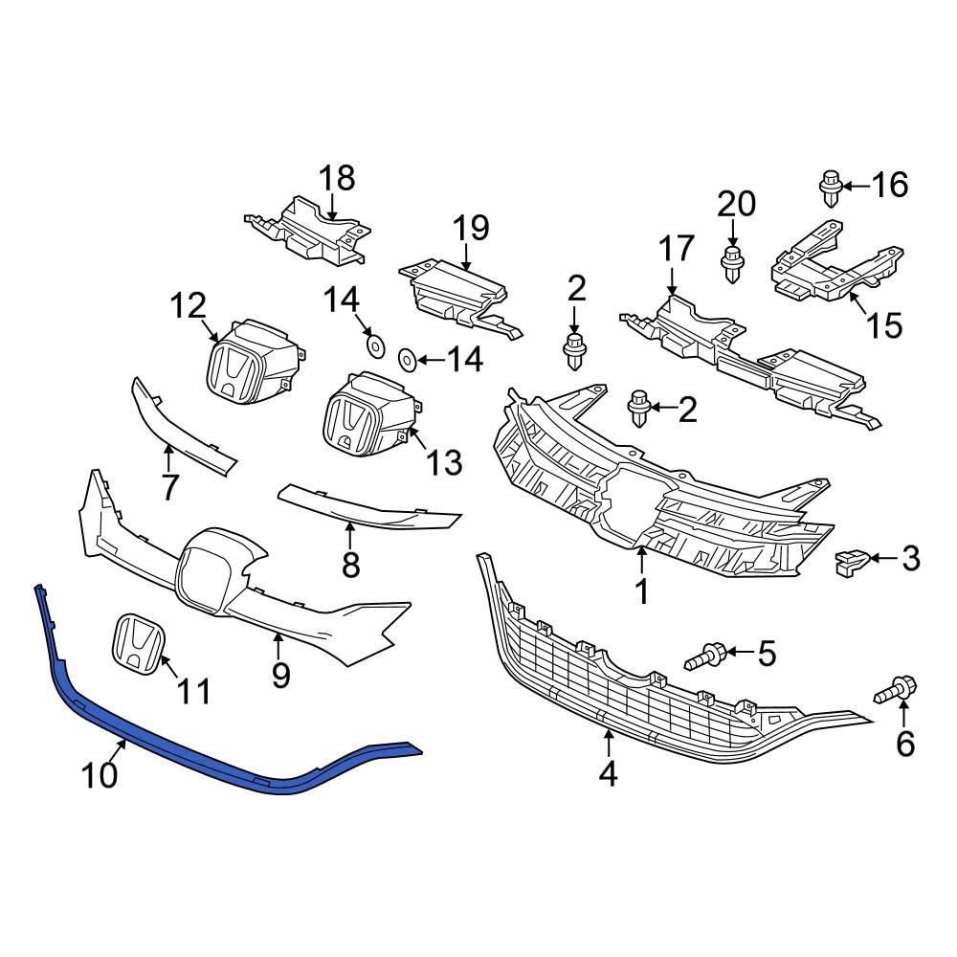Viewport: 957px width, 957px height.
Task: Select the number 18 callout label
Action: (x=336, y=178)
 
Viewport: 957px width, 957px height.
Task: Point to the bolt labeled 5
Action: (x=706, y=657)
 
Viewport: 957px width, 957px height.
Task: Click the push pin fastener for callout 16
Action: (x=830, y=189)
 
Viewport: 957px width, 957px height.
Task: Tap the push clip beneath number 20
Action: (x=732, y=264)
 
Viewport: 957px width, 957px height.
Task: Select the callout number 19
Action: (x=470, y=228)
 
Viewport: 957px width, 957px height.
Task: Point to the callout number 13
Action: (x=444, y=462)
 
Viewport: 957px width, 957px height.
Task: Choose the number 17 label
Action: (x=675, y=250)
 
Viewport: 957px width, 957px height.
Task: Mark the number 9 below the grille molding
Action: (x=280, y=676)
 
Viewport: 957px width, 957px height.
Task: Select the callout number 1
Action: (x=641, y=591)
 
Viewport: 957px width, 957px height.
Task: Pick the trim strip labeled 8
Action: (x=364, y=504)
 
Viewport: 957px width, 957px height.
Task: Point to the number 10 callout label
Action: (x=100, y=774)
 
